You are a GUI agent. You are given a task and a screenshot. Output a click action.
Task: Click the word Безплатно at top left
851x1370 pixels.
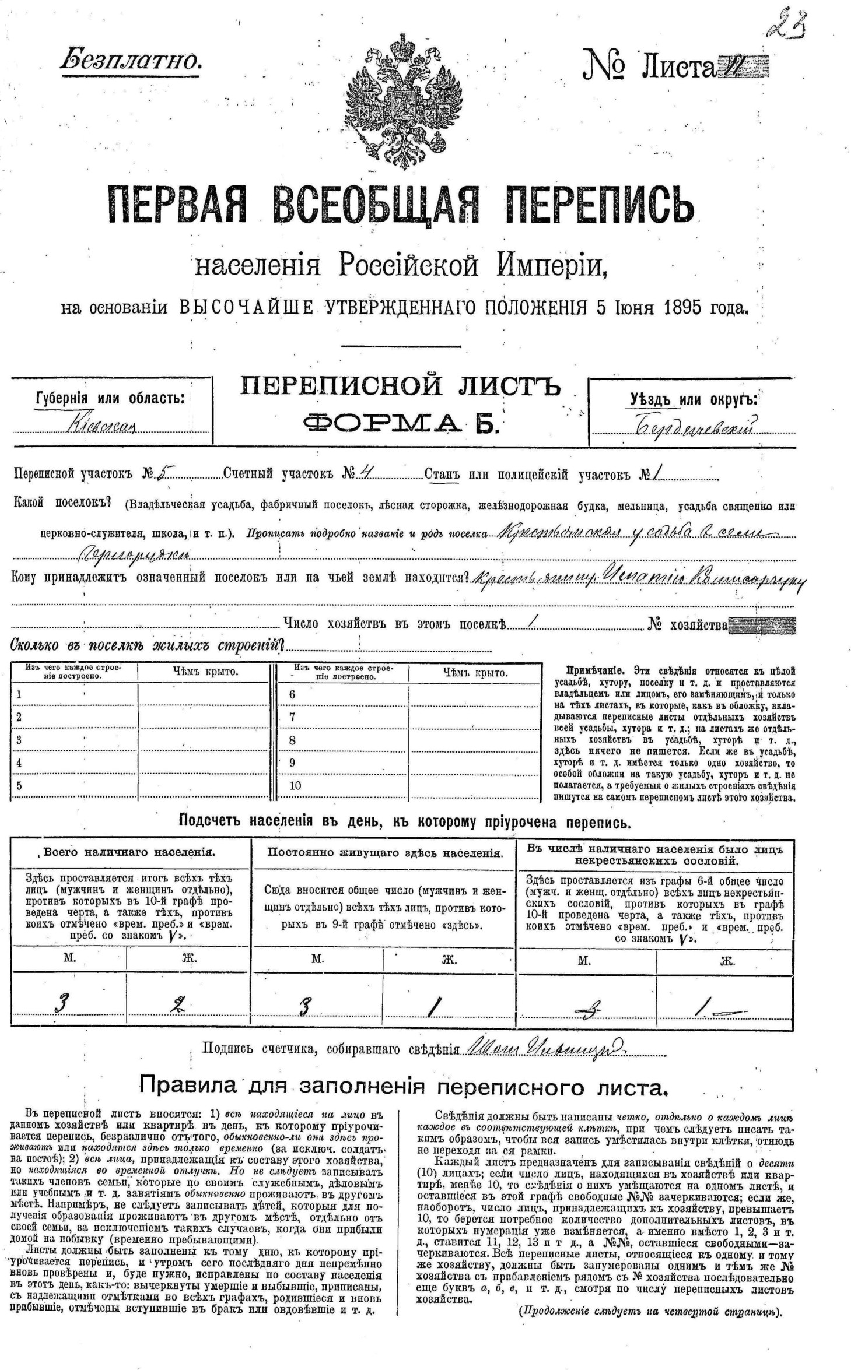point(131,60)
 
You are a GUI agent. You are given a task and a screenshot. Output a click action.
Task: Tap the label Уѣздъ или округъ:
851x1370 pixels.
point(694,399)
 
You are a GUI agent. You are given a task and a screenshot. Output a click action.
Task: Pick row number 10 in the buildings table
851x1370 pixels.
point(295,786)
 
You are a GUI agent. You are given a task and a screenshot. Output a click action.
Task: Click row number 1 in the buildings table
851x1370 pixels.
point(19,695)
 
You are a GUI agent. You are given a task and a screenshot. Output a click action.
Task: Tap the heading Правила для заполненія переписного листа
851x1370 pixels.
point(402,1086)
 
